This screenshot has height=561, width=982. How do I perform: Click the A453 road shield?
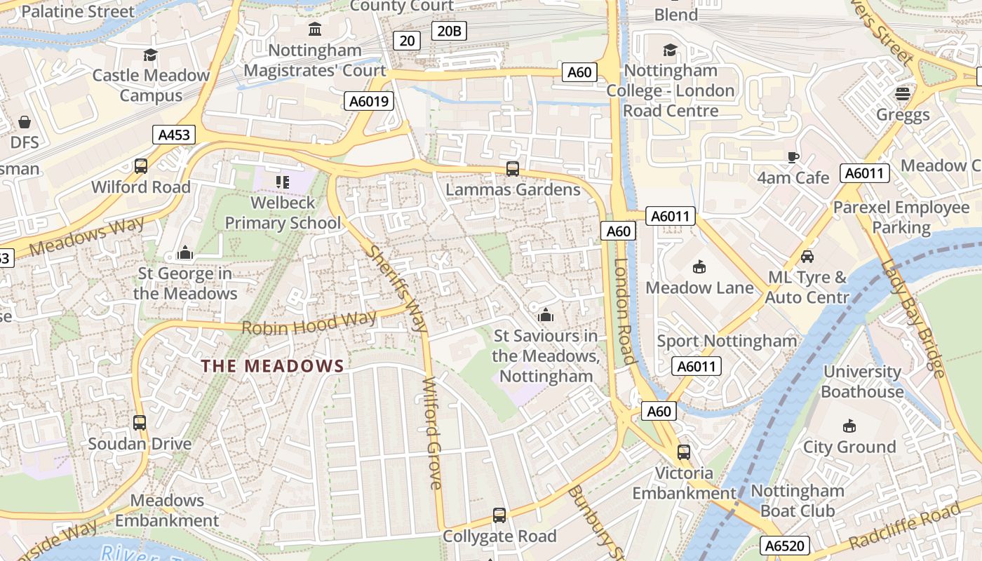coord(174,135)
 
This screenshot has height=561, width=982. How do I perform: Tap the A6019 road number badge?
coord(369,102)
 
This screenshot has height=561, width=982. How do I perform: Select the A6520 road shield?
coord(785,546)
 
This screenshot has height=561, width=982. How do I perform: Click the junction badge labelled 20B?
coord(449,30)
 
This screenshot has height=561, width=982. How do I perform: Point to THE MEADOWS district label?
coord(273,365)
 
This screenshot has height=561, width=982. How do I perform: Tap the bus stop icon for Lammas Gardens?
coord(513,169)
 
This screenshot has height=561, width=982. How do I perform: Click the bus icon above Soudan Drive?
coord(140,423)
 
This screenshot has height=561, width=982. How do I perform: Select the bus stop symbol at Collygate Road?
coord(499,515)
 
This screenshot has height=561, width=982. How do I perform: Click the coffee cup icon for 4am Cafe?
coord(793,157)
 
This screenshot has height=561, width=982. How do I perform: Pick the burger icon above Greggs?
coord(903,94)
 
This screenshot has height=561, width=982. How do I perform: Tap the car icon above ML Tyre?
coord(807,257)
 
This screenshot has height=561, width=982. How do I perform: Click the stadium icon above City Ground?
coord(849,426)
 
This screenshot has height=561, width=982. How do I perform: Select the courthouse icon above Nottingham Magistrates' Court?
coord(315,29)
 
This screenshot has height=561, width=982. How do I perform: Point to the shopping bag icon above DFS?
coord(25,122)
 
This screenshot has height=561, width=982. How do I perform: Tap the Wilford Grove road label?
coord(433,433)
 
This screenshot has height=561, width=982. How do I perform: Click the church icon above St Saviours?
coord(545,316)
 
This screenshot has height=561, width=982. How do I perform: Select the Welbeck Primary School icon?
coord(283,182)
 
